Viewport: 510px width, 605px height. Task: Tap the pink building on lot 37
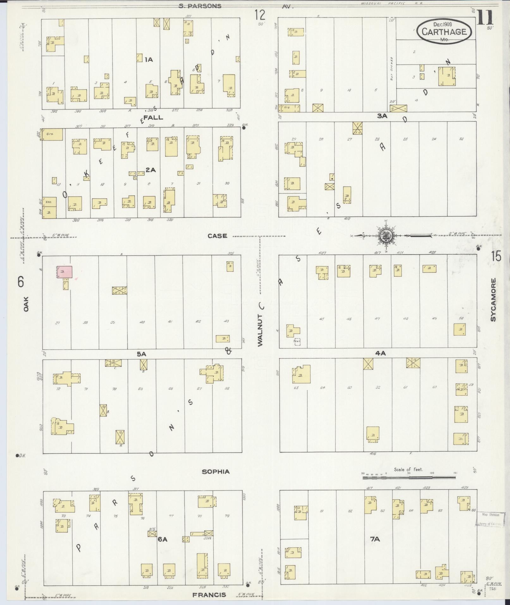65,272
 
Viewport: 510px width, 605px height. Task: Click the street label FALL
153,117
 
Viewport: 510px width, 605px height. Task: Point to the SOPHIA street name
216,472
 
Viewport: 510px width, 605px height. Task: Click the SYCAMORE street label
493,300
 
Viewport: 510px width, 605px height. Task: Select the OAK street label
26,304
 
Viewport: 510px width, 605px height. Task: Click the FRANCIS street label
209,595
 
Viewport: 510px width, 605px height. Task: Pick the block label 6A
162,540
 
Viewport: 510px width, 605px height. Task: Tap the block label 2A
151,170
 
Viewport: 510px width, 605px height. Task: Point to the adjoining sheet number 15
496,256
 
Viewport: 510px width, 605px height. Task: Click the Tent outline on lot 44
297,341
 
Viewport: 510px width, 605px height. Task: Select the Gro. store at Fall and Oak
52,134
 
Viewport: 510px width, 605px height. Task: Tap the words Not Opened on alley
391,69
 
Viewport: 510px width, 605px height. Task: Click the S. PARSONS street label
200,6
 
